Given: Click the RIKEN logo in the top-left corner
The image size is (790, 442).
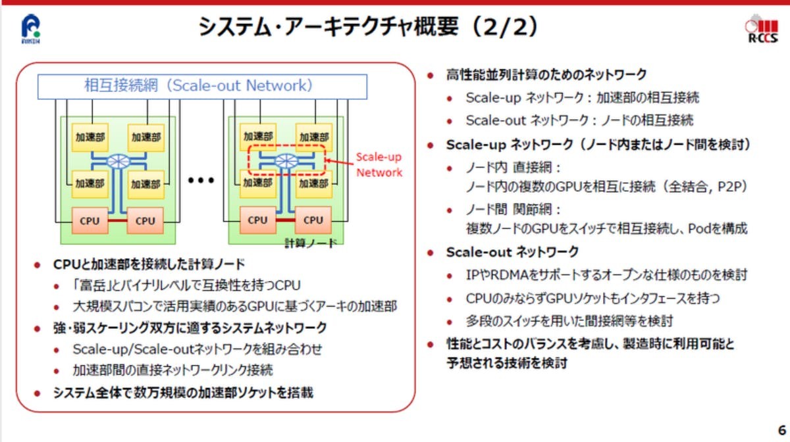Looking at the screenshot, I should (x=32, y=28).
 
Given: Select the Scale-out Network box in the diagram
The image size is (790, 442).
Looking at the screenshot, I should (x=202, y=86).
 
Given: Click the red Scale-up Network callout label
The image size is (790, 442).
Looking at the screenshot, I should (x=379, y=165).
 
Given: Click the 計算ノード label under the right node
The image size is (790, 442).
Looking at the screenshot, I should (x=310, y=243).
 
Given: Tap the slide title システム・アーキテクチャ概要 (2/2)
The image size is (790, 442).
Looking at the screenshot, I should (x=369, y=27).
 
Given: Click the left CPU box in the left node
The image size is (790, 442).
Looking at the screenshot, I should (x=90, y=220).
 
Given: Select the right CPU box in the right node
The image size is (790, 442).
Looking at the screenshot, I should (x=313, y=220).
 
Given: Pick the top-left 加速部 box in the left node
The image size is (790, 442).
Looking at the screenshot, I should (x=90, y=137).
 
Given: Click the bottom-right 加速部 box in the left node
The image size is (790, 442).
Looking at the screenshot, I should (x=146, y=184).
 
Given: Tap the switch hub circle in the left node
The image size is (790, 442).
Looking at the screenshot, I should (x=118, y=161).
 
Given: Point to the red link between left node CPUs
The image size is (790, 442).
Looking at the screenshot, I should (x=117, y=221).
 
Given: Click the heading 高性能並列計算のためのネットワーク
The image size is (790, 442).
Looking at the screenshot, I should (x=546, y=74).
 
